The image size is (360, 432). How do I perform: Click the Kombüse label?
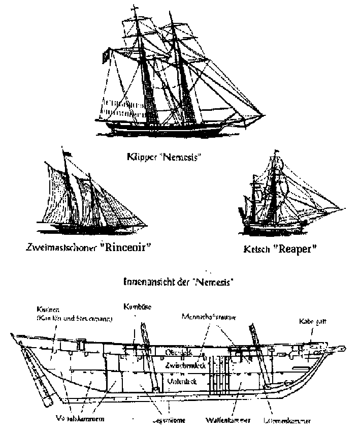click(x=134, y=306)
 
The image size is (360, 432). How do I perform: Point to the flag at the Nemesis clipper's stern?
click(x=104, y=54)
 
